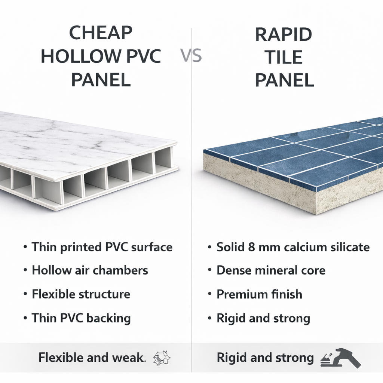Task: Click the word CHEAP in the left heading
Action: (101, 33)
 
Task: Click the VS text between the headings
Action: (191, 55)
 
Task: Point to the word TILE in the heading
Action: (284, 57)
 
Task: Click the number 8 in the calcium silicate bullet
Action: (252, 247)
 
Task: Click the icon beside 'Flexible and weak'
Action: (162, 358)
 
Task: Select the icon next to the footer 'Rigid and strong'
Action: (340, 358)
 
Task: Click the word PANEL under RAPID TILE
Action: (285, 80)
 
